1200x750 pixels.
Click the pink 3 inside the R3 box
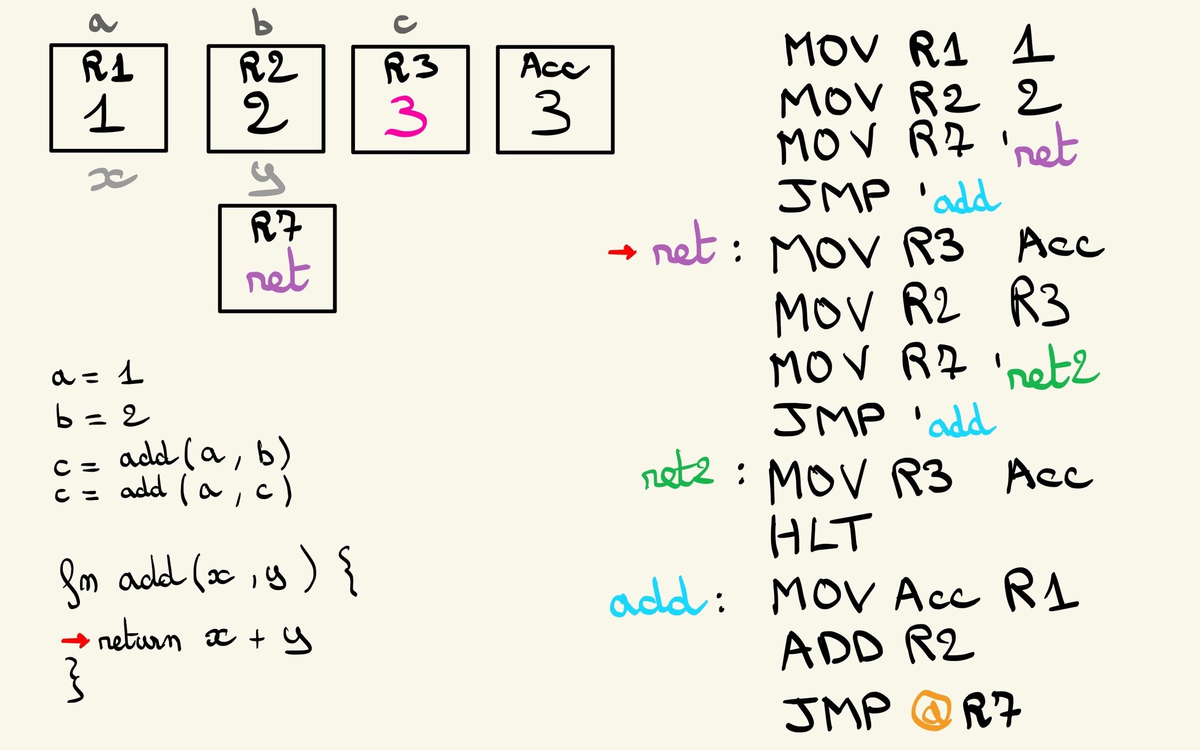pos(406,117)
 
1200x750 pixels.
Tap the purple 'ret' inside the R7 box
pos(278,274)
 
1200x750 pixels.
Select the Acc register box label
pos(553,66)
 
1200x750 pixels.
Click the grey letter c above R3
pos(405,23)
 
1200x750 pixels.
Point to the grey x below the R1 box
pos(112,179)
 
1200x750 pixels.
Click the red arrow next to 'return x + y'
pos(75,641)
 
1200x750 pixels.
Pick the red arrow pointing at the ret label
pos(622,252)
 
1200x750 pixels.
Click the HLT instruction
pos(820,534)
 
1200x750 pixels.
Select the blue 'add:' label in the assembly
pos(658,599)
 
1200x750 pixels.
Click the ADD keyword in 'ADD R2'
pos(832,649)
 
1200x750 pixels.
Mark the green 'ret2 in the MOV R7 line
pos(1052,369)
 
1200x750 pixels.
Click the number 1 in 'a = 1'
pos(131,373)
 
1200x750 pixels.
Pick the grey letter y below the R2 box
pos(267,179)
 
